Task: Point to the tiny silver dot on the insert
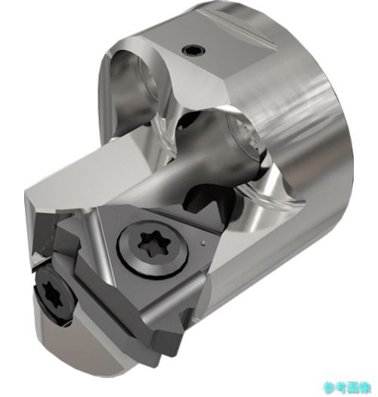coord(203,243)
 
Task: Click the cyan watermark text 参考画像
coord(347,387)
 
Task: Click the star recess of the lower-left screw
coord(52,293)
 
